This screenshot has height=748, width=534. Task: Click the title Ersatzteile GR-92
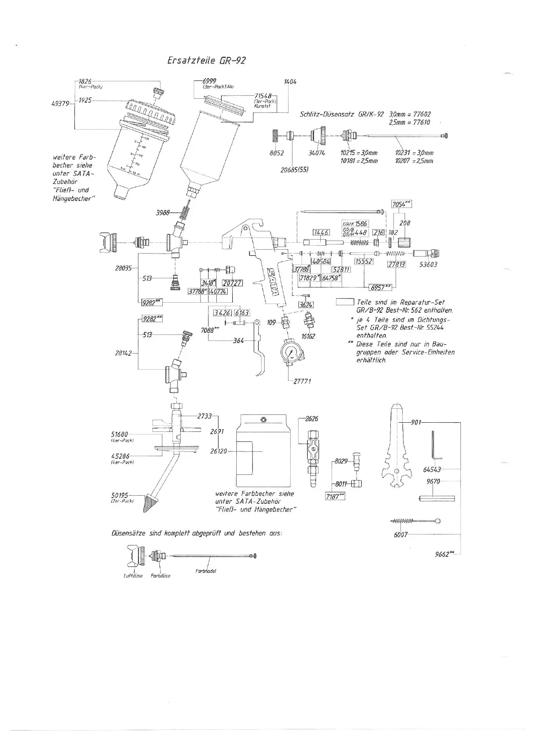(206, 60)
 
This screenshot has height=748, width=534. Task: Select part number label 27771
(302, 381)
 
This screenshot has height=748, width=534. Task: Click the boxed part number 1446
(321, 233)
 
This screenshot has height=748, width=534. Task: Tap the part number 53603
(428, 264)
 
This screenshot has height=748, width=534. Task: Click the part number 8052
(277, 153)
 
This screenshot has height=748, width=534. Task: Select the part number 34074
(316, 153)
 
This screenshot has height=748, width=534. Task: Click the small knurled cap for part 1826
(156, 93)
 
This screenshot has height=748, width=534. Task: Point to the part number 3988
(163, 213)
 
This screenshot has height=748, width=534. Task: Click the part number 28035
(123, 268)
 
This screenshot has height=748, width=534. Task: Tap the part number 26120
(218, 451)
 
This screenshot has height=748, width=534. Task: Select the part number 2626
(311, 419)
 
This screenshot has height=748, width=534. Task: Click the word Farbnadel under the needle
(206, 570)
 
